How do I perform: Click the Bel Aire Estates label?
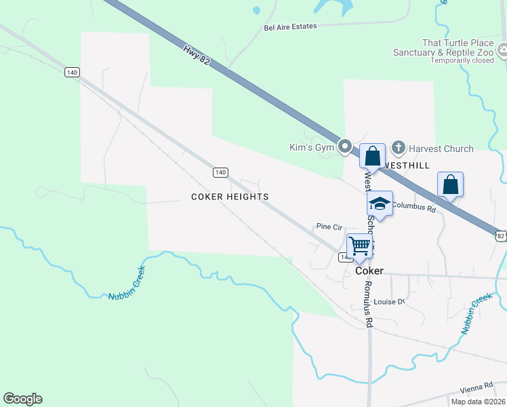coord(290,28)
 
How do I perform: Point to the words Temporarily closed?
coord(463,60)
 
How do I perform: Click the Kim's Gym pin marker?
coord(345,147)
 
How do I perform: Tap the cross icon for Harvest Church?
coord(399,147)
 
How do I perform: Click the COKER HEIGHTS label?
coord(230,197)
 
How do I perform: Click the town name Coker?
coord(369,271)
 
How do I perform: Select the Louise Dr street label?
coord(389,302)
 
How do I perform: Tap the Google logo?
coord(22,399)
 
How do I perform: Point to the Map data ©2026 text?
coord(477,402)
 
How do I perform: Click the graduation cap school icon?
coord(380,203)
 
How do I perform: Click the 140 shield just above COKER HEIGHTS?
coord(220,172)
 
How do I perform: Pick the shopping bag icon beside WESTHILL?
coord(372,156)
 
